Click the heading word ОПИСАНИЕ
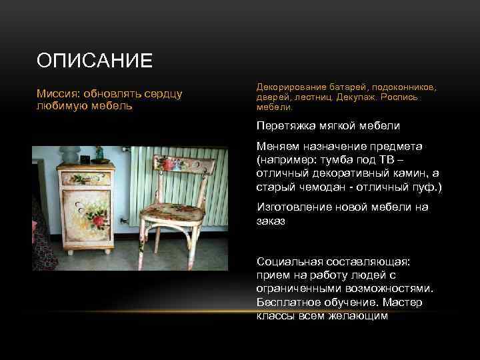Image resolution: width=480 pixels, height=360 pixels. point(95,61)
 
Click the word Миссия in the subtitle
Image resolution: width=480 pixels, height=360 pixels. point(57,94)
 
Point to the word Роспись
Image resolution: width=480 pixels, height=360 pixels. point(400,97)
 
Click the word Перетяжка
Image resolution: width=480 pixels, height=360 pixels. point(285,125)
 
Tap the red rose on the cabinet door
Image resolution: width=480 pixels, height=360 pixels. point(99,221)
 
